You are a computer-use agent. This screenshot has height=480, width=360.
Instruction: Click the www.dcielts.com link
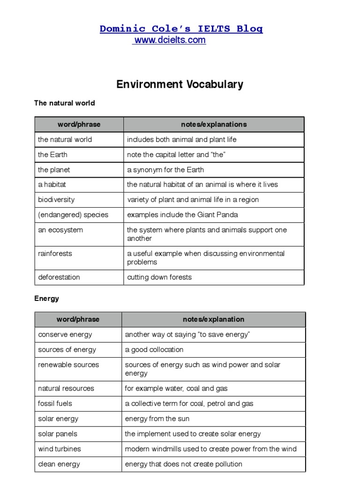pos(170,40)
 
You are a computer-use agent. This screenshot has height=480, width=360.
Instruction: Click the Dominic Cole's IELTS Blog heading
pos(181,29)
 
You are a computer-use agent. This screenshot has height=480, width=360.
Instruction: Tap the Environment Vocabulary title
pos(180,84)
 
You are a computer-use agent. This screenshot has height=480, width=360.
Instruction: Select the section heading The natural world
pos(64,103)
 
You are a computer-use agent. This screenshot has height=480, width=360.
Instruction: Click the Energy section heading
pos(46,299)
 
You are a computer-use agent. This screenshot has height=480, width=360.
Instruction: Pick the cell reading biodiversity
pos(56,200)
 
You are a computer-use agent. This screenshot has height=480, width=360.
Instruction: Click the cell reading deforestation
pos(59,277)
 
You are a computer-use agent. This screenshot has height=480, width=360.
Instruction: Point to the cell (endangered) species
pos(73,215)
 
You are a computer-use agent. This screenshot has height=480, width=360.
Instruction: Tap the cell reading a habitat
pos(52,185)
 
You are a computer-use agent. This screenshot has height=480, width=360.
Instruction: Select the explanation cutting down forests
pos(159,277)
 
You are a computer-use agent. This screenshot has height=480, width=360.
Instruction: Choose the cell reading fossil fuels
pos(55,404)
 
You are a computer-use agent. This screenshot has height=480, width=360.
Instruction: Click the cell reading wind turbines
pos(60,449)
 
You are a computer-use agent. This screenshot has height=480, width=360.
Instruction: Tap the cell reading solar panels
pos(58,434)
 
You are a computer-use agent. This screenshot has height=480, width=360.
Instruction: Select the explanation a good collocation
pos(154,350)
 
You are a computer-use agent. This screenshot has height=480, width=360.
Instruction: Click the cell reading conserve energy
pos(65,335)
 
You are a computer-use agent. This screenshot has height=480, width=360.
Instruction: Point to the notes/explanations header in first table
pos(214,125)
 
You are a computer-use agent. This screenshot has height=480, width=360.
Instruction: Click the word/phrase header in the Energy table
pos(78,320)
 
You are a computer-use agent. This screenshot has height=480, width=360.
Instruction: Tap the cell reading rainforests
pos(55,254)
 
